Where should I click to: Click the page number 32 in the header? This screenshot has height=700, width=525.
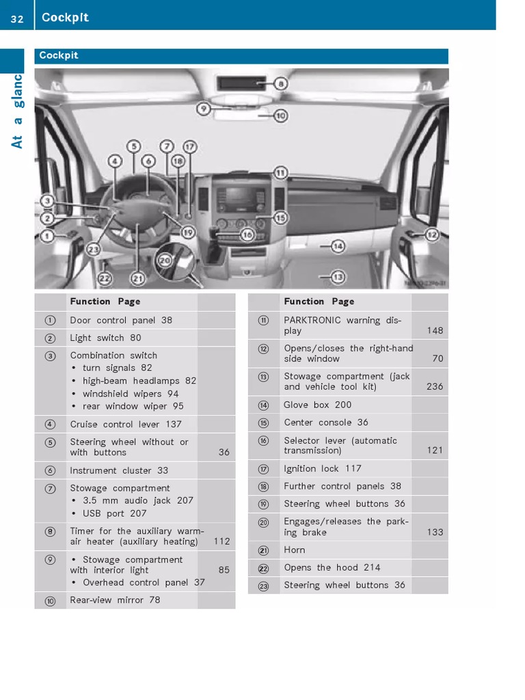pyautogui.click(x=16, y=18)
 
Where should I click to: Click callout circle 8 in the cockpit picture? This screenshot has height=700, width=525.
pyautogui.click(x=281, y=84)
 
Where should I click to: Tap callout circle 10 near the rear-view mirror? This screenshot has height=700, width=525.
pyautogui.click(x=280, y=116)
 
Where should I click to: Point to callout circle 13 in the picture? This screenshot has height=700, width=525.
pyautogui.click(x=338, y=277)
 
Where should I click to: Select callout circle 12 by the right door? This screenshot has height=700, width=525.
pyautogui.click(x=432, y=234)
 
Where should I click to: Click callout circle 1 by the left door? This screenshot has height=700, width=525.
pyautogui.click(x=46, y=237)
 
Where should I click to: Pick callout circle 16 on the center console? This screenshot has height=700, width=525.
pyautogui.click(x=247, y=234)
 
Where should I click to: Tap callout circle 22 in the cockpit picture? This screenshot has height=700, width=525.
pyautogui.click(x=104, y=278)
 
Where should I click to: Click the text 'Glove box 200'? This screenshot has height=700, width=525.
pyautogui.click(x=318, y=405)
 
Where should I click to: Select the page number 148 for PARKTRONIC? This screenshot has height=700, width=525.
pyautogui.click(x=435, y=331)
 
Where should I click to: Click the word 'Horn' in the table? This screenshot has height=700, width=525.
pyautogui.click(x=295, y=550)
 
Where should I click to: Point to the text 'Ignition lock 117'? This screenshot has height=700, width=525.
pyautogui.click(x=323, y=468)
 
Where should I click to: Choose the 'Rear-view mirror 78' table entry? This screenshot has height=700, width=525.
pyautogui.click(x=115, y=600)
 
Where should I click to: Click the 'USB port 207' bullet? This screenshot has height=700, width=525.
pyautogui.click(x=114, y=513)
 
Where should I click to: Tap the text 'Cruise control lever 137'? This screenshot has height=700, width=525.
pyautogui.click(x=126, y=425)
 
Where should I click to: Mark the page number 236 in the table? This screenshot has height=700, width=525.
pyautogui.click(x=435, y=387)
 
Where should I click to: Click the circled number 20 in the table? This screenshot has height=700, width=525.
pyautogui.click(x=263, y=522)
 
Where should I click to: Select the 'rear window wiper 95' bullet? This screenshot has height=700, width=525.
pyautogui.click(x=133, y=406)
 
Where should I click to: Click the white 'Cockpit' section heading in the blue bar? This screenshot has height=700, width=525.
pyautogui.click(x=59, y=55)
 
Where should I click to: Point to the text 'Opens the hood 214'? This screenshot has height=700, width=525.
pyautogui.click(x=332, y=567)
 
